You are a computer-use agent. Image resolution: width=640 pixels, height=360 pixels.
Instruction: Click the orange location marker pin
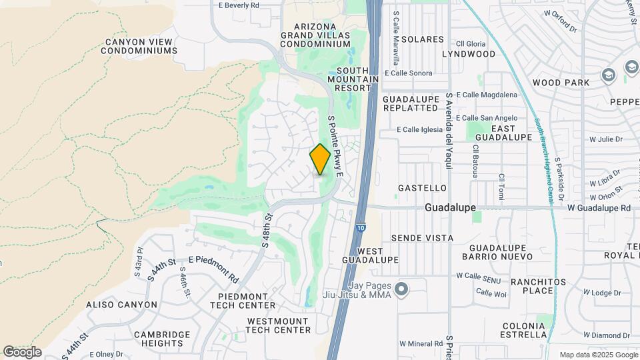(x=321, y=159)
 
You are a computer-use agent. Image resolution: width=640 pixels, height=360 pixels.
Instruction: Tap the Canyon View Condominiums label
(x=141, y=46)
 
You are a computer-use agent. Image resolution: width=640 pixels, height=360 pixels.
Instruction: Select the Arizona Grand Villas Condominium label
(x=315, y=35)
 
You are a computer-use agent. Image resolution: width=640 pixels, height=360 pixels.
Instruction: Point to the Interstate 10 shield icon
(x=360, y=227)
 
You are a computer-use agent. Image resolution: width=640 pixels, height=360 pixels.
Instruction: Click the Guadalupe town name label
(x=451, y=207)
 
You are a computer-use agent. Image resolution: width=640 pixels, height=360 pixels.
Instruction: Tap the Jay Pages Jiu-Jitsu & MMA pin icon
(x=401, y=289)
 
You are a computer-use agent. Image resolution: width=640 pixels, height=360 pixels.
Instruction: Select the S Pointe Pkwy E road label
(x=335, y=146)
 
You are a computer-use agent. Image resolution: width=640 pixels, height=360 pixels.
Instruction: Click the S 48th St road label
(x=268, y=230)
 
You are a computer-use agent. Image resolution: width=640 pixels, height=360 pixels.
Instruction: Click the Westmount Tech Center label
(x=279, y=325)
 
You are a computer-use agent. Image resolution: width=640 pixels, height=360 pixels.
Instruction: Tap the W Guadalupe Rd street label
(x=599, y=208)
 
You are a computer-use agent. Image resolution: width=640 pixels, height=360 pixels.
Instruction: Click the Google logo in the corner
(x=22, y=352)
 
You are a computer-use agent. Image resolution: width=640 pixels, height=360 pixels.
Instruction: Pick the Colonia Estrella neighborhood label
(x=525, y=330)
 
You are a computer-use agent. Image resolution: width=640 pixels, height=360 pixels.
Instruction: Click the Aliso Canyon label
(x=122, y=305)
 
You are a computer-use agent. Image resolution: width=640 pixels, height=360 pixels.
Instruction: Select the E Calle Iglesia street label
(x=421, y=130)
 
